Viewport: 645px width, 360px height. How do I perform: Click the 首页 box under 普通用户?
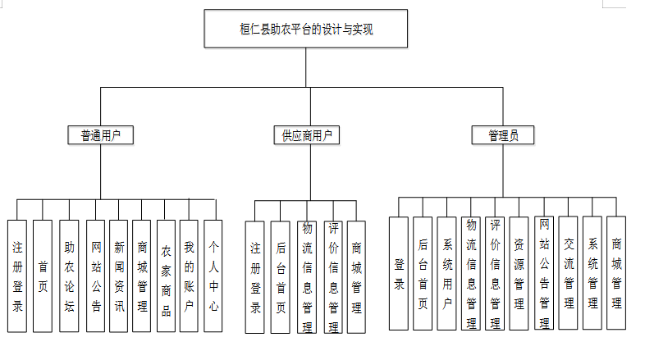click(43, 276)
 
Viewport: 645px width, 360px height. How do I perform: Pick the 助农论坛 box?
click(69, 276)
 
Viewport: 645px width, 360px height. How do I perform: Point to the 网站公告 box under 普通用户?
click(95, 276)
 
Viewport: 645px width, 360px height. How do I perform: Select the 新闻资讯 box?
click(118, 276)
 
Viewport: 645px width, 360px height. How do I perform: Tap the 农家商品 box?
click(166, 276)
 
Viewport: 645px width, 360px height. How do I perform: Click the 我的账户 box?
click(189, 276)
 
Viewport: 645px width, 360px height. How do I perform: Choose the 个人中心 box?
click(213, 276)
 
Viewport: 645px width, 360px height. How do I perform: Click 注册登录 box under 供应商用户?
click(255, 277)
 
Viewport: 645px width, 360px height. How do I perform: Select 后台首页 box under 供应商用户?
click(280, 277)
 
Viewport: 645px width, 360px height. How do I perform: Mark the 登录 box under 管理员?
click(399, 273)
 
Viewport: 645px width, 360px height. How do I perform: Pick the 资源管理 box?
click(519, 273)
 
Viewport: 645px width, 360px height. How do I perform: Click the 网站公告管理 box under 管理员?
click(543, 273)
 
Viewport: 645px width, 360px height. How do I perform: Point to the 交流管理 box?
click(569, 273)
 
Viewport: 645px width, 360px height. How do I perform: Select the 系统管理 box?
click(592, 273)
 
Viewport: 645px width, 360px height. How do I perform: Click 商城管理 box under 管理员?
click(616, 273)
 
